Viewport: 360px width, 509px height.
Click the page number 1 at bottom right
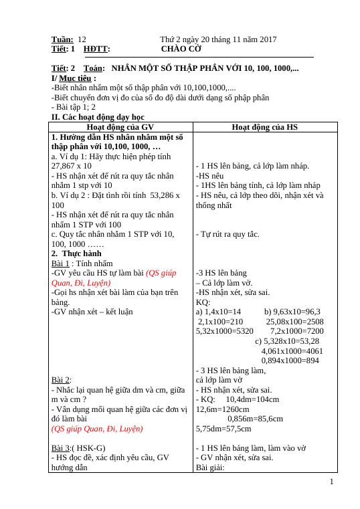[x=332, y=480]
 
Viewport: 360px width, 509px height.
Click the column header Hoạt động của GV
[x=121, y=126]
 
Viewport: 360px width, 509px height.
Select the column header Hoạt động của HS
[x=264, y=126]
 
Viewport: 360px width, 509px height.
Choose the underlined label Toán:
[x=94, y=68]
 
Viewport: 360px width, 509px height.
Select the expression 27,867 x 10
[x=72, y=165]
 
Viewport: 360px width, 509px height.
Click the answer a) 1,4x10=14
[x=218, y=312]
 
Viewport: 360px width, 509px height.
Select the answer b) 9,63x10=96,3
[x=292, y=312]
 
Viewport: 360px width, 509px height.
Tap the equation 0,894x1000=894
[x=290, y=361]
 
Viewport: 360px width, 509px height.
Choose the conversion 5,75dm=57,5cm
[x=223, y=429]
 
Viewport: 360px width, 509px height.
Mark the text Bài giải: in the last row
[x=211, y=468]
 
